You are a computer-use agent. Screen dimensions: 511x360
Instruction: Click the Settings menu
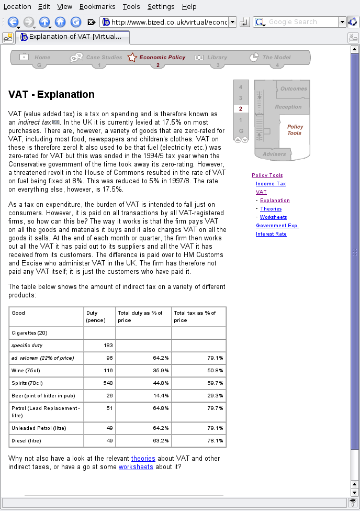161,7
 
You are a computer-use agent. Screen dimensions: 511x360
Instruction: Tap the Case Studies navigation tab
104,58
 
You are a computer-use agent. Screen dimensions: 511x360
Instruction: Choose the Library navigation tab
217,58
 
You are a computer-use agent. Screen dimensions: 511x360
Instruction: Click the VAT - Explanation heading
51,95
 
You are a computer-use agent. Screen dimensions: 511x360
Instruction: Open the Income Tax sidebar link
271,184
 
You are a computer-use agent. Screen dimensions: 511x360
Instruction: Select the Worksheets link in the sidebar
273,217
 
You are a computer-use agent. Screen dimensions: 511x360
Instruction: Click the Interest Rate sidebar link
271,234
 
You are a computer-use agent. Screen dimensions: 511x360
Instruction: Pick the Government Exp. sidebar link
277,226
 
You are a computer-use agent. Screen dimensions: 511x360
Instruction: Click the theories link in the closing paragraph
143,459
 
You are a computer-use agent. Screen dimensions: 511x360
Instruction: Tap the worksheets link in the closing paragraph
136,467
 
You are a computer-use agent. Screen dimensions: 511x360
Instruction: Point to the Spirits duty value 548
107,382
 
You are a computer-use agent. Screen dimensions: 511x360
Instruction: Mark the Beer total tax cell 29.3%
215,395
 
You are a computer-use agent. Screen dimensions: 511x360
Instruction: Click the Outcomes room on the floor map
294,88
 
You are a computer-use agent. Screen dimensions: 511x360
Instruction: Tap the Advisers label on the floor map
274,154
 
